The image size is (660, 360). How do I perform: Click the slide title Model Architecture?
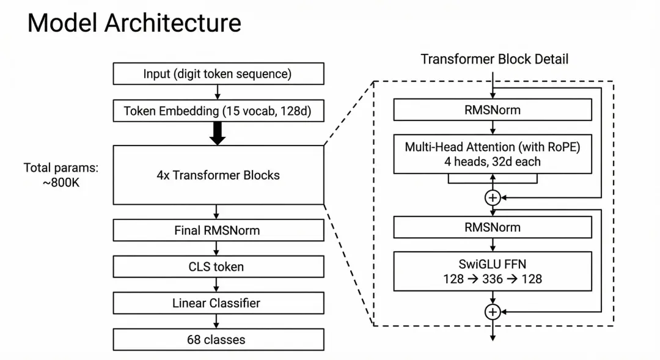tap(134, 23)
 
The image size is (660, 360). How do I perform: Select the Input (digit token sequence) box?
tap(218, 74)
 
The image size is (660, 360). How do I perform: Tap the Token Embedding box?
tap(218, 111)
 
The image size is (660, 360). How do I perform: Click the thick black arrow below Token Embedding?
tap(217, 133)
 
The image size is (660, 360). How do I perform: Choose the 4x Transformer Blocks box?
tap(218, 175)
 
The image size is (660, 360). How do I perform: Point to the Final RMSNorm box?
tap(218, 230)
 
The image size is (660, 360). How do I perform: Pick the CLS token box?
tap(218, 266)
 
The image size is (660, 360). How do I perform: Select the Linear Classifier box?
tap(218, 303)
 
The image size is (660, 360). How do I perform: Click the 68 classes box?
tap(218, 339)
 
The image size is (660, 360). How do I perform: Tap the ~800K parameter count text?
tap(61, 183)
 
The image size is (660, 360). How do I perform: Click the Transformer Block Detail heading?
tap(494, 59)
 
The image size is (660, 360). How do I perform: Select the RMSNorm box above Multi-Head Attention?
tap(493, 110)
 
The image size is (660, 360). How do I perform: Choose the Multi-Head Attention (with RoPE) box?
tap(493, 154)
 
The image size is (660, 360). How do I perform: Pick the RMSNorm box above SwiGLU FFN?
tap(493, 227)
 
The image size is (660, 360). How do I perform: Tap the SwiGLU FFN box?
tap(493, 271)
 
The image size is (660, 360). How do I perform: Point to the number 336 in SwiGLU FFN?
tap(493, 279)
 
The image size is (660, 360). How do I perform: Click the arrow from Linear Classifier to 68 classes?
tap(216, 321)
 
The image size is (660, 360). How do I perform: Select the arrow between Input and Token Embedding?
tap(217, 92)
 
